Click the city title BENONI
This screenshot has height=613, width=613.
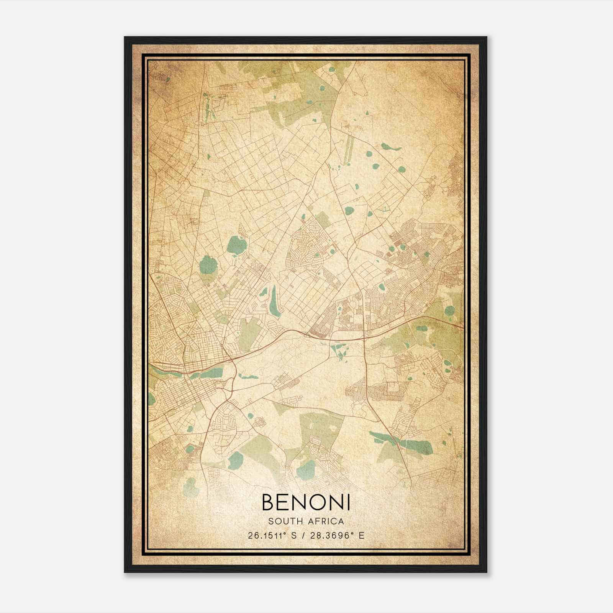click(x=306, y=502)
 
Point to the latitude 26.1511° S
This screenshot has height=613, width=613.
click(x=272, y=535)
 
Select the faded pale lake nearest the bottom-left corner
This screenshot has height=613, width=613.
click(x=190, y=487)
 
